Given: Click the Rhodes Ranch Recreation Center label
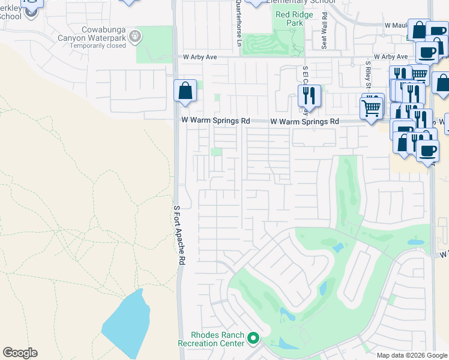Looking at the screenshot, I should [x=209, y=339].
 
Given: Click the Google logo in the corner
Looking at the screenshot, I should [x=20, y=352].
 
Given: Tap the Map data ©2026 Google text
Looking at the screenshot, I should [x=412, y=355].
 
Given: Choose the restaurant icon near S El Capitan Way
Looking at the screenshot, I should [x=309, y=95].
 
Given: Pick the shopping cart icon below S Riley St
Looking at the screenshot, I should [x=372, y=109].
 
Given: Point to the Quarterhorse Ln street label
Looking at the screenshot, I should [x=238, y=23].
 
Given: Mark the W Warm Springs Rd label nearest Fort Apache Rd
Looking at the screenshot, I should [x=215, y=121].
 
